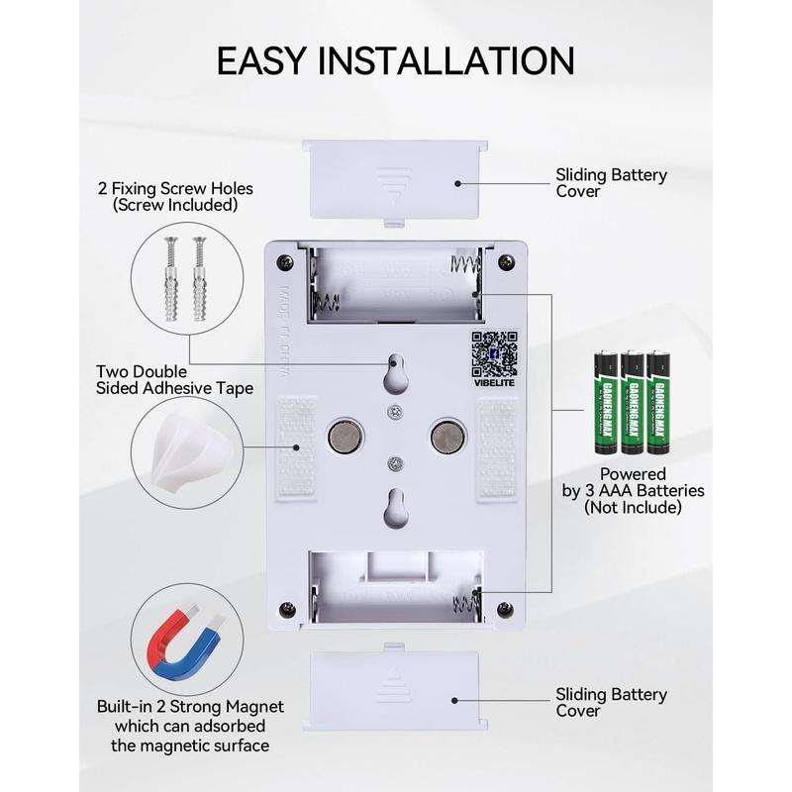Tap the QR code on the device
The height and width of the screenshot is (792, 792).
coord(493,348)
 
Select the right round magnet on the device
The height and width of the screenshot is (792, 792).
coord(445,434)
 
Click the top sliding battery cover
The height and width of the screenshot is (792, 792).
coord(397,177)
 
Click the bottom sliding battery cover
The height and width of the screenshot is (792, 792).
coord(397,690)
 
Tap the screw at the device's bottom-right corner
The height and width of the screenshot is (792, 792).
coord(508,607)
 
